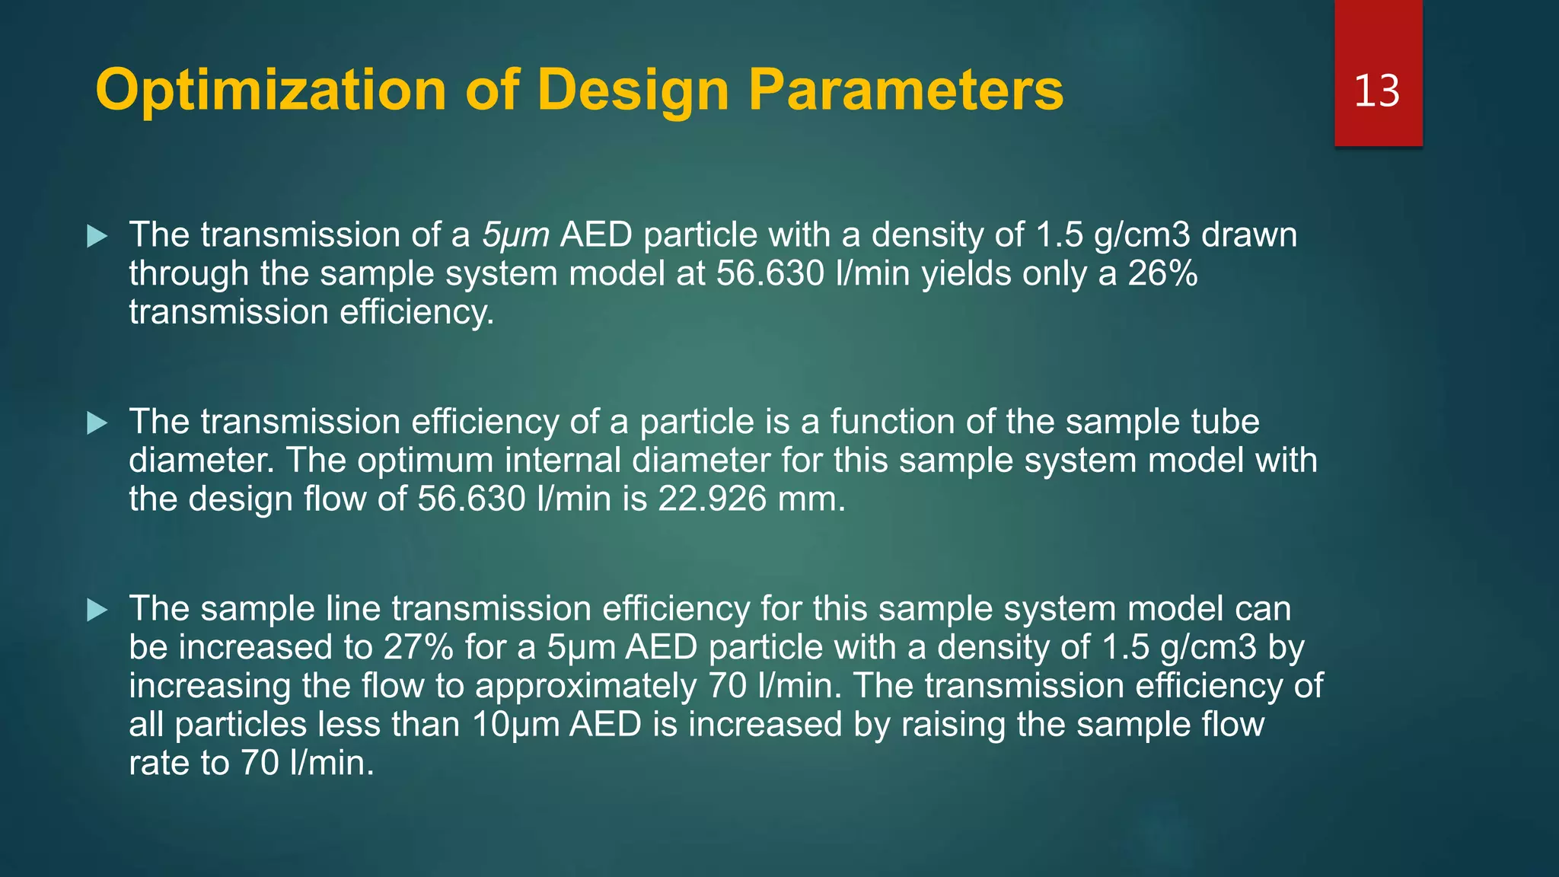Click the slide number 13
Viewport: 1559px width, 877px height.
coord(1376,91)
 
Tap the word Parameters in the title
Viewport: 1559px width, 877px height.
coord(906,91)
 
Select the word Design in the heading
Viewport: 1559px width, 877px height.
coord(631,91)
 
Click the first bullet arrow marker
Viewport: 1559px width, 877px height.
coord(97,236)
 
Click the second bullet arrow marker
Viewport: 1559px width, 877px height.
coord(97,423)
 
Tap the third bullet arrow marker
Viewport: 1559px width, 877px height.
coord(97,610)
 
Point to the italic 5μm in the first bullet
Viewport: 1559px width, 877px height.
coord(515,235)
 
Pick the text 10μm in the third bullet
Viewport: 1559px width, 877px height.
coord(515,725)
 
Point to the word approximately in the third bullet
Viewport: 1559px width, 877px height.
coord(585,687)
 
